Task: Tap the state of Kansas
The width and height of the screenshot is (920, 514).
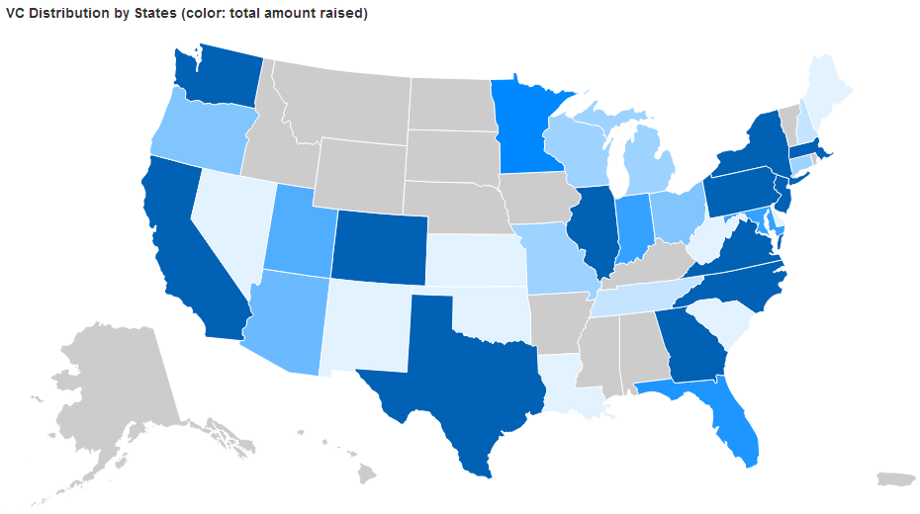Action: click(470, 262)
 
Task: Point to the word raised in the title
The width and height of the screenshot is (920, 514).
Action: click(341, 13)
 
